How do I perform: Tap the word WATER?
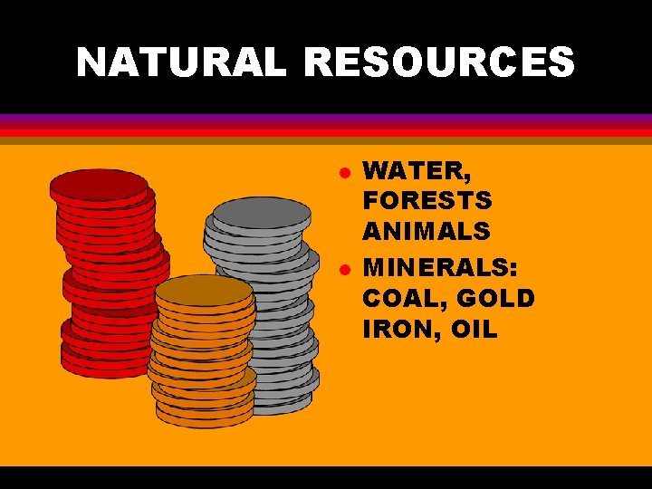click(x=407, y=169)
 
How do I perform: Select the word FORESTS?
click(x=427, y=200)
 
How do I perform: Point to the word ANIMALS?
click(x=427, y=231)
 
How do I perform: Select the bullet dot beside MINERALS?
click(x=344, y=270)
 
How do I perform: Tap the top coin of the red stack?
click(x=99, y=185)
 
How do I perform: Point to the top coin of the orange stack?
click(x=204, y=290)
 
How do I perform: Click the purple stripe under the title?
click(x=326, y=118)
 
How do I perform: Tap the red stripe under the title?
click(x=326, y=132)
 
